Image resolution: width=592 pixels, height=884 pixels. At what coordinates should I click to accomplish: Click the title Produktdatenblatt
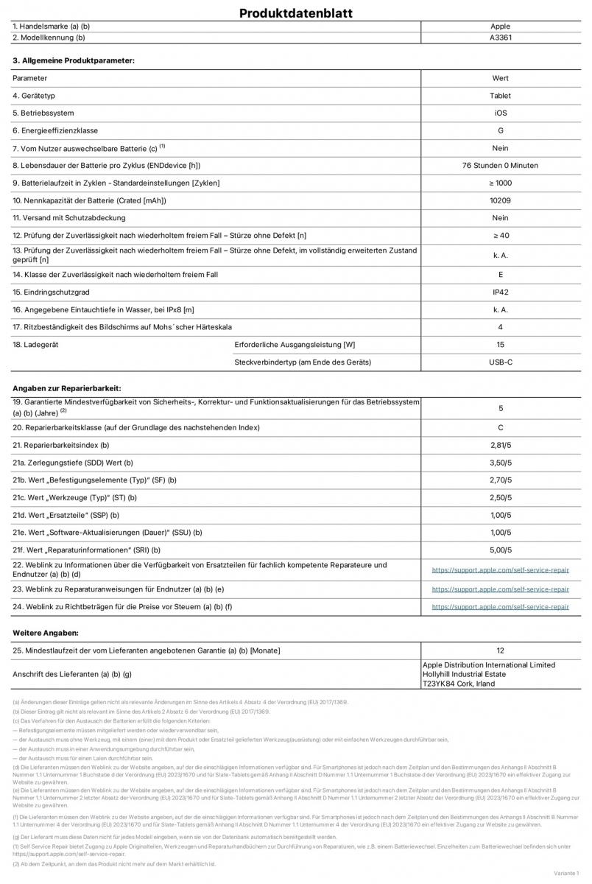coord(296,13)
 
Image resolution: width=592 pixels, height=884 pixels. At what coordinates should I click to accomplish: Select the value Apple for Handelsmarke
coord(500,27)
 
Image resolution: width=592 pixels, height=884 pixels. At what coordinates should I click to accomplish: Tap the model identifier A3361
coord(500,37)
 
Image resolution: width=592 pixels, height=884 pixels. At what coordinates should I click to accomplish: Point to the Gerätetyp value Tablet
coord(500,96)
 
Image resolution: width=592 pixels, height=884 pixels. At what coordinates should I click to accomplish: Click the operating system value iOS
coord(500,113)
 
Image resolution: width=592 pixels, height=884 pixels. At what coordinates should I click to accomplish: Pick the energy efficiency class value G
coord(500,130)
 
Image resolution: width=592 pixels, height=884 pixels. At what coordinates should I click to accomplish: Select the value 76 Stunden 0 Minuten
coord(500,166)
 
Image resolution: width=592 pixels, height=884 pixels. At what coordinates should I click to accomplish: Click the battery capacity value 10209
coord(500,200)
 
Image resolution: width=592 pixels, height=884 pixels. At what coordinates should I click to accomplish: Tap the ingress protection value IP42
coord(500,292)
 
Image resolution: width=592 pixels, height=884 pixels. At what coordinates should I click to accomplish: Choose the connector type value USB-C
coord(500,362)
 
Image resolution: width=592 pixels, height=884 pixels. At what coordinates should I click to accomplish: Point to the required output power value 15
coord(500,345)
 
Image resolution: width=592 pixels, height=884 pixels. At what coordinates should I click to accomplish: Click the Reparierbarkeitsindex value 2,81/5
coord(500,445)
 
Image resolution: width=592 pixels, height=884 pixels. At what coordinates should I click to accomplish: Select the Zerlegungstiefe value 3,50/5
coord(500,463)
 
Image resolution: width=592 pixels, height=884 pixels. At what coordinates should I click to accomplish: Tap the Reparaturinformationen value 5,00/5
coord(500,550)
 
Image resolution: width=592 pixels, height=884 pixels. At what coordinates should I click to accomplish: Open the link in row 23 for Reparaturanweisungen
coord(500,589)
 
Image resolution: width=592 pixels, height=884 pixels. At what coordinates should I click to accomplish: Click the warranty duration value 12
coord(500,650)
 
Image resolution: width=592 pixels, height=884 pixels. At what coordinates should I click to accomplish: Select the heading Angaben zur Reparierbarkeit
coord(67,387)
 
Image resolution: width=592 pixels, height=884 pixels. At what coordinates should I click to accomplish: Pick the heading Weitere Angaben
coord(45,633)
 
